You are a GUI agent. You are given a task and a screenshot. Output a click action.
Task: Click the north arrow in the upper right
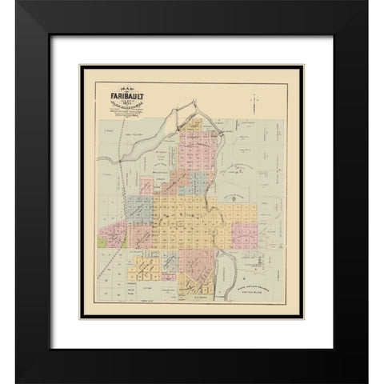253,102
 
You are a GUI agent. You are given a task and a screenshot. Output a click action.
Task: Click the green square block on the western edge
106,236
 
